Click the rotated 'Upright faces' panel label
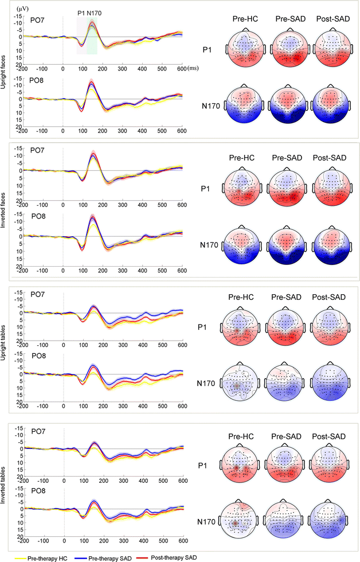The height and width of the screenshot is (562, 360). click(5, 69)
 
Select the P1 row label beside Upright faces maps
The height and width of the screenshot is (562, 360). click(209, 50)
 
